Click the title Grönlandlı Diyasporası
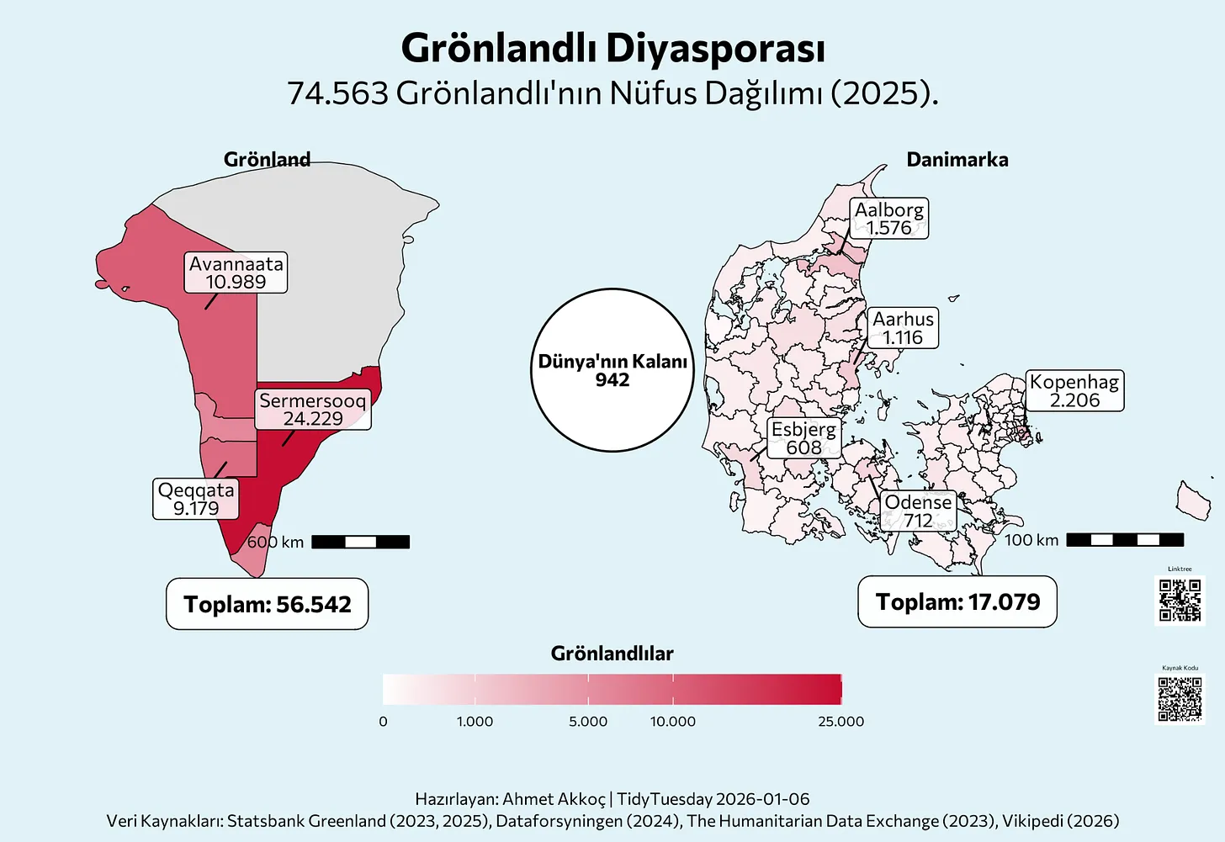[612, 49]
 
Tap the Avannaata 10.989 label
[236, 273]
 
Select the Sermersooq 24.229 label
[313, 410]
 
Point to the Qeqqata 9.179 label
[196, 499]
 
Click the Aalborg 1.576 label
[889, 219]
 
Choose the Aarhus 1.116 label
[903, 328]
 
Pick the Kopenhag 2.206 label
[1074, 391]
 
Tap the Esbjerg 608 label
[803, 438]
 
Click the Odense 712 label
[918, 511]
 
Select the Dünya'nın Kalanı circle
[612, 370]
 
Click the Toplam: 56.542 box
[268, 604]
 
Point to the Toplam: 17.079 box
[957, 601]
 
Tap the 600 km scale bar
[360, 542]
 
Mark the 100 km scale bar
[1125, 540]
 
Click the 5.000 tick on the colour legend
[588, 721]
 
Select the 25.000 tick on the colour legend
[841, 721]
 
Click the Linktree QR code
[1180, 600]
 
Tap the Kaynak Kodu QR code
[1180, 699]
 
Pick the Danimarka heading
[957, 160]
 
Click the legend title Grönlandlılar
[612, 654]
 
